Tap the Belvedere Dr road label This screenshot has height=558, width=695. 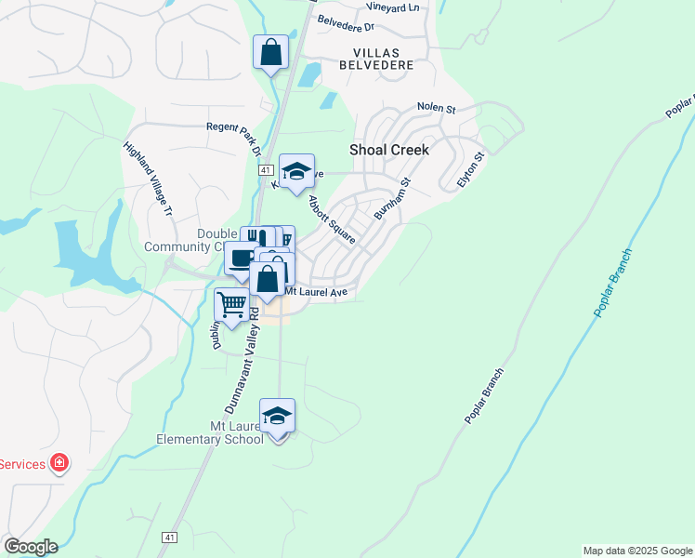coord(345,21)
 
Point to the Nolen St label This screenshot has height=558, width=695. coord(436,108)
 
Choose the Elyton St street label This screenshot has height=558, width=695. coord(471,170)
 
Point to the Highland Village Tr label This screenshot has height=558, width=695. coord(149,179)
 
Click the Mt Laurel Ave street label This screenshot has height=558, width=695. coord(315,292)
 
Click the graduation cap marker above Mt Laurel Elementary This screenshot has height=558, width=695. coord(277,416)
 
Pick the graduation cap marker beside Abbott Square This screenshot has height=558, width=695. coord(296,171)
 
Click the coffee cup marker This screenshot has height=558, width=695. coord(242,258)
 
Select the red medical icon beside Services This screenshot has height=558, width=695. coord(59,462)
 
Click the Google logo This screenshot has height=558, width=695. coord(31,546)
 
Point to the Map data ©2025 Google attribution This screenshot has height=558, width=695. coord(636,551)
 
